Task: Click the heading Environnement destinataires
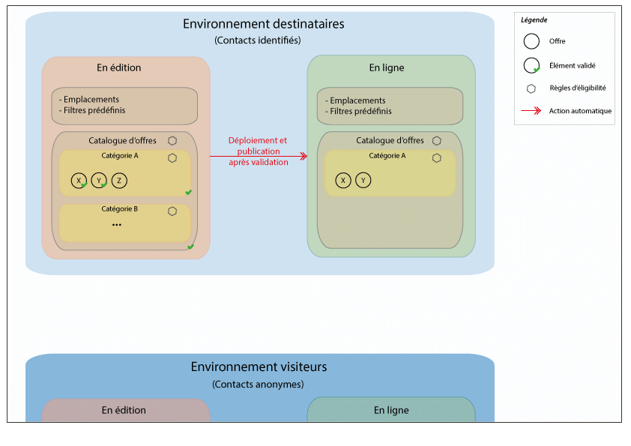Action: [x=263, y=24]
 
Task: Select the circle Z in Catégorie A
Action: [x=119, y=180]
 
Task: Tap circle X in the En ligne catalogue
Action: [x=343, y=181]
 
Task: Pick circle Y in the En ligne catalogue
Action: [x=363, y=181]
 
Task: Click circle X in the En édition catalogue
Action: [x=79, y=180]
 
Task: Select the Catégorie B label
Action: [x=120, y=208]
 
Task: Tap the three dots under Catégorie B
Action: [x=117, y=225]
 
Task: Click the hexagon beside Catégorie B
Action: [x=172, y=211]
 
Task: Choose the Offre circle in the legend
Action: [x=531, y=41]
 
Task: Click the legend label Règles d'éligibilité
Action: [x=578, y=88]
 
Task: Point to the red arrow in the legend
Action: [x=531, y=111]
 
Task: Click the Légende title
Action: [x=534, y=19]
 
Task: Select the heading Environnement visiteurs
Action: [x=259, y=367]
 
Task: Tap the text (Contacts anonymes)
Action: [x=258, y=384]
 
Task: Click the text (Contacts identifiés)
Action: [x=258, y=40]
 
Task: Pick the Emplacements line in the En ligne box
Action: [x=358, y=100]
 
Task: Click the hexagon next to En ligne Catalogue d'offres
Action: [x=436, y=140]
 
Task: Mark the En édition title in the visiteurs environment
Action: [x=124, y=410]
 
